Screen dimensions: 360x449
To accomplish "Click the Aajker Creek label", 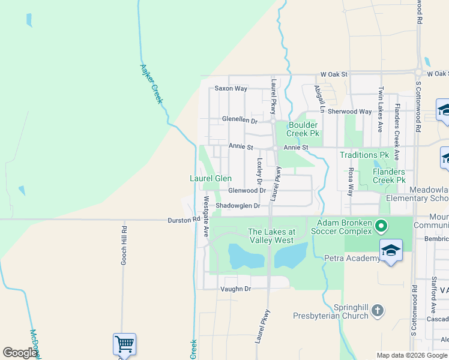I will click(152, 84).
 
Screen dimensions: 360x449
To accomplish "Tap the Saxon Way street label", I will click(231, 89).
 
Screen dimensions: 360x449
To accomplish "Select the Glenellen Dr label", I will click(240, 121).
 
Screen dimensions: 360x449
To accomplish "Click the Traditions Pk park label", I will click(364, 155).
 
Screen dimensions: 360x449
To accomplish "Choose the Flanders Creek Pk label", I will click(388, 176).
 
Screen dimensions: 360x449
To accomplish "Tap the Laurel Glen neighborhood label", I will click(211, 178).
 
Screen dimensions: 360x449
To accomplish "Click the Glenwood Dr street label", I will click(247, 191).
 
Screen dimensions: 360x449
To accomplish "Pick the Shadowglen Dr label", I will click(238, 206).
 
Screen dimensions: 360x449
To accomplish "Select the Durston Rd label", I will click(183, 221).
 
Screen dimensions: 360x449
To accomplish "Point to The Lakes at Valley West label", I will click(272, 236).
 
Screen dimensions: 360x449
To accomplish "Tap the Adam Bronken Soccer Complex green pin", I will click(381, 226).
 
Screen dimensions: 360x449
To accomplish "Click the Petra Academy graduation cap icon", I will click(391, 250).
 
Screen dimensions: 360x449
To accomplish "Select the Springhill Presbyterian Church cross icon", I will click(376, 310).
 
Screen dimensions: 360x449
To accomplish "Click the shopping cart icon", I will click(124, 344).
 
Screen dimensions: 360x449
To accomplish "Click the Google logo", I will click(20, 353).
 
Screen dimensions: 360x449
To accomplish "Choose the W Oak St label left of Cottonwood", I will click(334, 74).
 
